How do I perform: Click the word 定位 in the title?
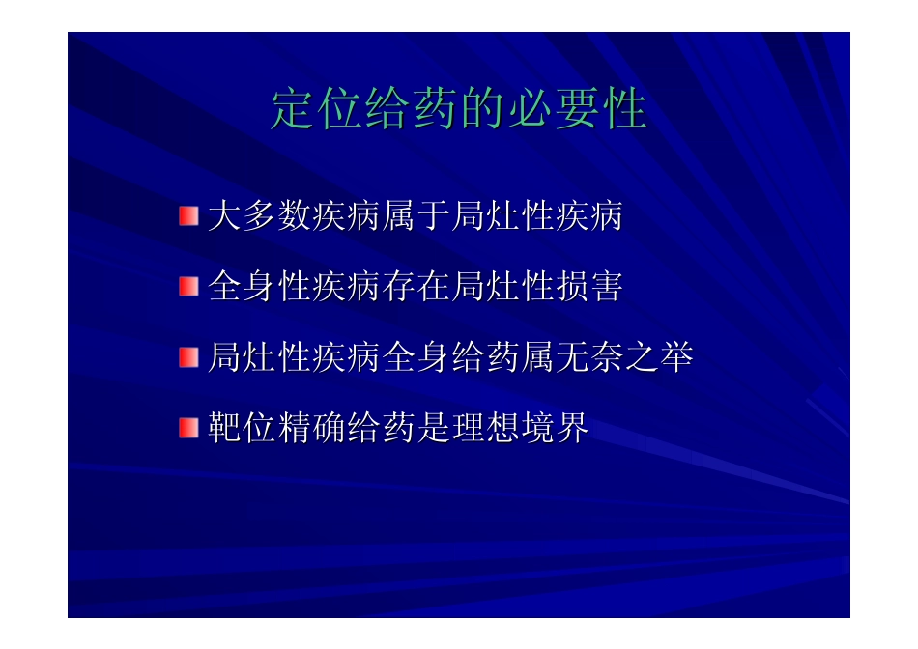click(x=317, y=109)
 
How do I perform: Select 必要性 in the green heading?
click(x=578, y=109)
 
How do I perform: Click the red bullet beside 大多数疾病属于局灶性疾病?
click(x=188, y=216)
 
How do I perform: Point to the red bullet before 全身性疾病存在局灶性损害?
click(x=188, y=287)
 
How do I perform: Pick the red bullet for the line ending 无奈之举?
click(x=188, y=357)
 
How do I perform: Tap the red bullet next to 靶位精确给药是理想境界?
click(x=188, y=428)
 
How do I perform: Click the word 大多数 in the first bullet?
click(x=259, y=215)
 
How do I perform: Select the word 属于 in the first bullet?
click(x=416, y=215)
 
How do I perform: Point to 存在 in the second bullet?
click(x=416, y=286)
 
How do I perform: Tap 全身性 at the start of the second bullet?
click(x=259, y=286)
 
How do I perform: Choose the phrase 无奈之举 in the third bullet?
click(x=624, y=357)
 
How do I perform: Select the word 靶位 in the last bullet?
click(x=242, y=428)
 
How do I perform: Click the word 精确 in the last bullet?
click(x=311, y=428)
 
